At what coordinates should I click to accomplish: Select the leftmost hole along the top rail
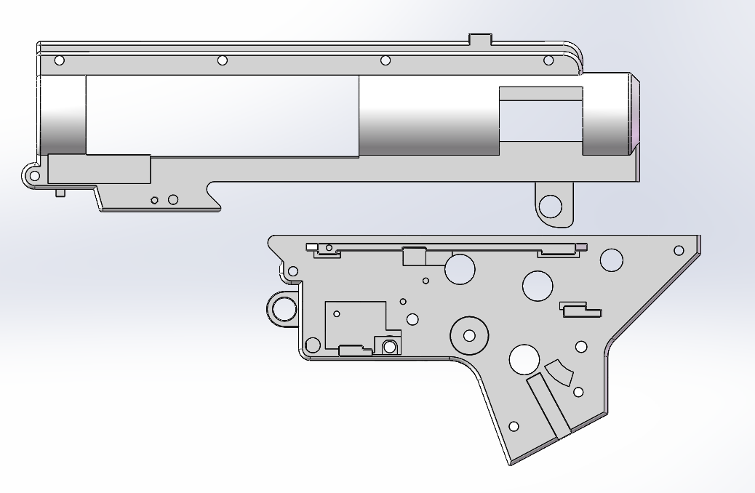60,60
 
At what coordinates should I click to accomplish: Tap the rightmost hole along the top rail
548,60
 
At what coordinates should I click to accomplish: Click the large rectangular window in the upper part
222,116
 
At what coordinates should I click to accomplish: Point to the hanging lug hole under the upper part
552,207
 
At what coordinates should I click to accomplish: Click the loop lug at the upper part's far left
32,175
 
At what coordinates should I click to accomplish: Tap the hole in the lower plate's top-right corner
679,250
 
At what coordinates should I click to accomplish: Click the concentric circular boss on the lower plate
469,335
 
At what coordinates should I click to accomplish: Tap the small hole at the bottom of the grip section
514,426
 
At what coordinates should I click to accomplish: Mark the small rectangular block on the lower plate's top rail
414,256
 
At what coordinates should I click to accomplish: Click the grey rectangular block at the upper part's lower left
99,169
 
